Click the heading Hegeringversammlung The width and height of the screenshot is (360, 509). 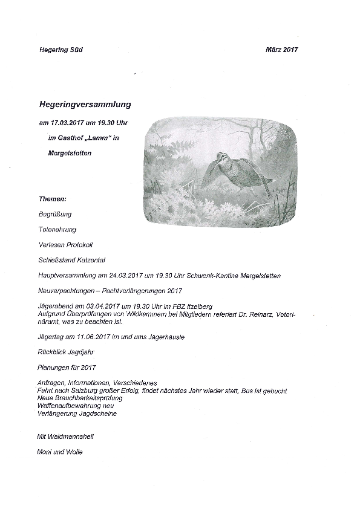[x=84, y=104]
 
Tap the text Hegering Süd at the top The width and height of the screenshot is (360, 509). [x=57, y=50]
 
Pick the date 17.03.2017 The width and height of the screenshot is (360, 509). [x=66, y=123]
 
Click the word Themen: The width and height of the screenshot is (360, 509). [x=52, y=199]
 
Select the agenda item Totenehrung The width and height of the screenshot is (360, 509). [x=57, y=230]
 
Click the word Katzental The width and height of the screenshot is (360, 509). [x=89, y=260]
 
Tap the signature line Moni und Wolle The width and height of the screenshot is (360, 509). [x=59, y=452]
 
